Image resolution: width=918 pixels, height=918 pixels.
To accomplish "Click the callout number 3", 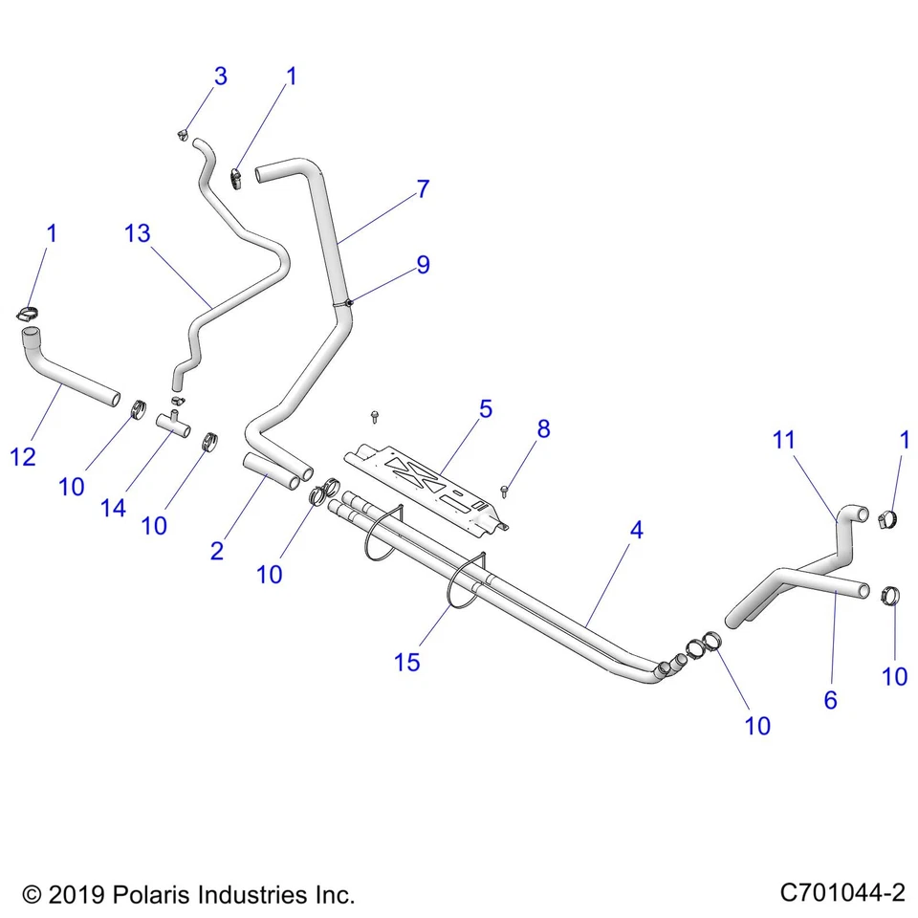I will click(x=220, y=76).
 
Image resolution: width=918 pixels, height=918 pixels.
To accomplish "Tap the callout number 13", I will click(x=138, y=232).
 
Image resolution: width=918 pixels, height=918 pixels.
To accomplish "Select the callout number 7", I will click(x=422, y=189).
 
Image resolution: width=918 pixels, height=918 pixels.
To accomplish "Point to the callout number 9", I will click(x=422, y=265).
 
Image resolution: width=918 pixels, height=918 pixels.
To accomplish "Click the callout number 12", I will click(x=24, y=457).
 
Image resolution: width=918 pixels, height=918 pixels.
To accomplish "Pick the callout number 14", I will click(x=113, y=508).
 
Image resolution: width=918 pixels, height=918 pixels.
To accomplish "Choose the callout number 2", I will click(x=217, y=551).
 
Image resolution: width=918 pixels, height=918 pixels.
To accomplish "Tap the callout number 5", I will click(x=486, y=409).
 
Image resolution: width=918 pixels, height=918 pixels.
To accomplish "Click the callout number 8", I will click(x=543, y=428).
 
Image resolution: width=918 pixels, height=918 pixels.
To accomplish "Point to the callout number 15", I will click(x=406, y=662).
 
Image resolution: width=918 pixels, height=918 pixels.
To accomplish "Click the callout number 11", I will click(x=784, y=440).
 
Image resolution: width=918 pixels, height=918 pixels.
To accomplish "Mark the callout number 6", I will click(x=830, y=700).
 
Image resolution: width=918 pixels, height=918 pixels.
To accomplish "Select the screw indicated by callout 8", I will click(x=504, y=491).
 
